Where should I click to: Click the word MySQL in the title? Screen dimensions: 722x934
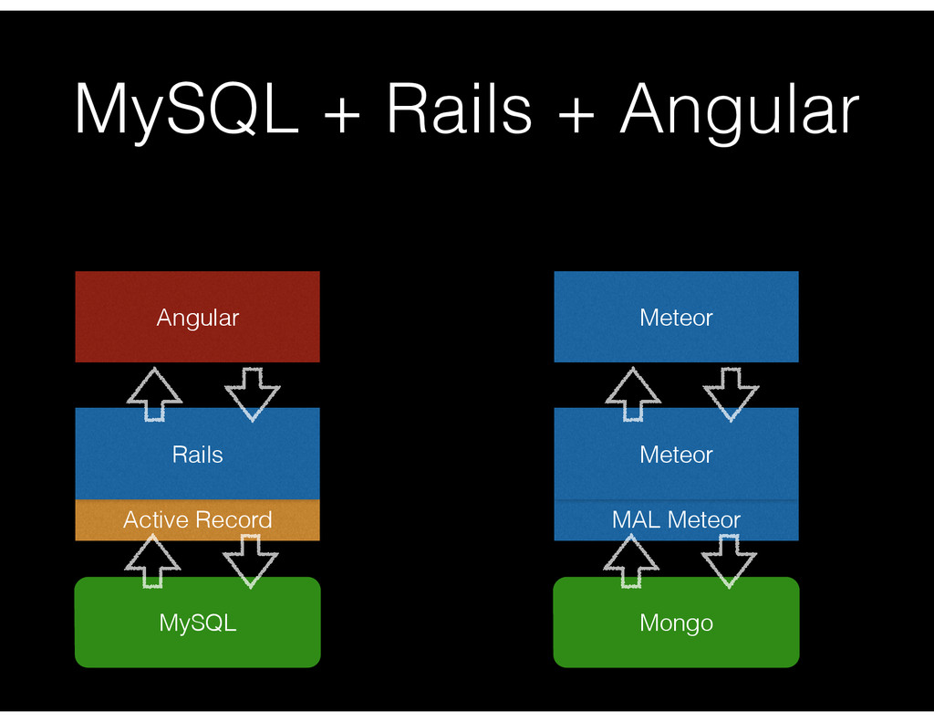coord(187,110)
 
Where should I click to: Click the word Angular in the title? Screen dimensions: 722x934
coord(739,110)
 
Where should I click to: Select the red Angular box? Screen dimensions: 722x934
coord(197,317)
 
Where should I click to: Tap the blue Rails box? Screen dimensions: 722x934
coord(197,454)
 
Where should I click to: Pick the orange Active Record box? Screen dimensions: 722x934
coord(197,520)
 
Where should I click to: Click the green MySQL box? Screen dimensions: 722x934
coord(197,623)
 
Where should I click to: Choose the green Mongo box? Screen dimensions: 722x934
coord(676,623)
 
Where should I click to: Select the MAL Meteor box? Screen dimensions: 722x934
coord(676,520)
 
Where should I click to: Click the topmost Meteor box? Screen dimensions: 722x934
coord(676,317)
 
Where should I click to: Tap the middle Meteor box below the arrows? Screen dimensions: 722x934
coord(676,454)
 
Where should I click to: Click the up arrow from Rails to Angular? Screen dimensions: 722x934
coord(154,393)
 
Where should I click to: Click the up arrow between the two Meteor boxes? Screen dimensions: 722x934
coord(633,393)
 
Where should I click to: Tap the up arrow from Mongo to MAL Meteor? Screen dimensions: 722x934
coord(631,560)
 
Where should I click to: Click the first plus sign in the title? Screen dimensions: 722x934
coord(341,112)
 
